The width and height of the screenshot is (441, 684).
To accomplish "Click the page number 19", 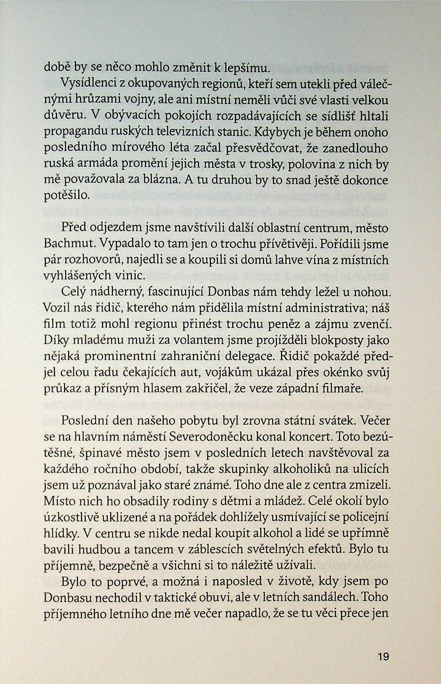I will (x=383, y=657).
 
